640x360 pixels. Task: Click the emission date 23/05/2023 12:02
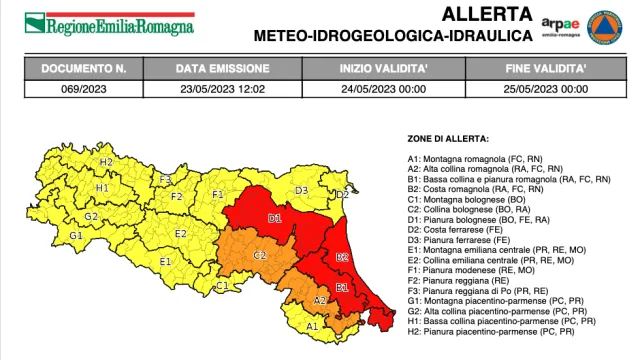[222, 88]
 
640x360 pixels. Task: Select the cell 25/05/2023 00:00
[546, 88]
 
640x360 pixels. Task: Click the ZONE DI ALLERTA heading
[448, 137]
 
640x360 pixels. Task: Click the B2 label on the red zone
[341, 256]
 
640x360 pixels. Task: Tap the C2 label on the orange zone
[259, 256]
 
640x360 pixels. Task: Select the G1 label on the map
[75, 235]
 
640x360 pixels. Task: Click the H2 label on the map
[105, 161]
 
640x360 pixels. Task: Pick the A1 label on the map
[311, 325]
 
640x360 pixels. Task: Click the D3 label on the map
[300, 189]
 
